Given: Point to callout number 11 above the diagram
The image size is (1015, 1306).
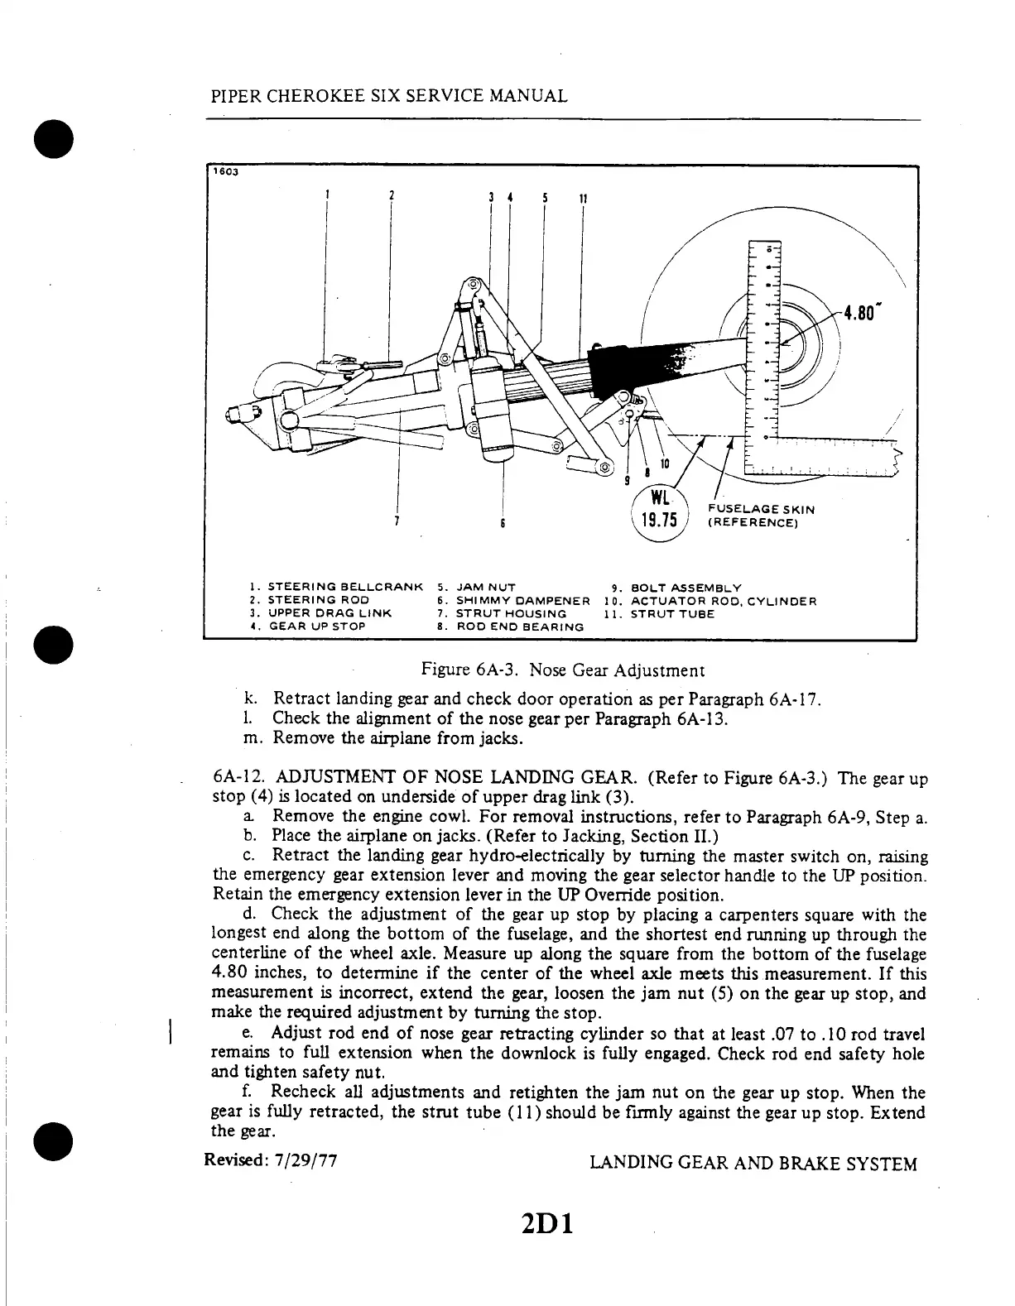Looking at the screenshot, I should (583, 199).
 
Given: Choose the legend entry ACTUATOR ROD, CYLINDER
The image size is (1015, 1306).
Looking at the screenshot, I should (723, 601).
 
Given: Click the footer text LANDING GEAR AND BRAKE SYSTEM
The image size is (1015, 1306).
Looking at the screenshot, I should (753, 1164).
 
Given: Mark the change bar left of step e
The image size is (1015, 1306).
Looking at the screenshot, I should (170, 1034).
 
